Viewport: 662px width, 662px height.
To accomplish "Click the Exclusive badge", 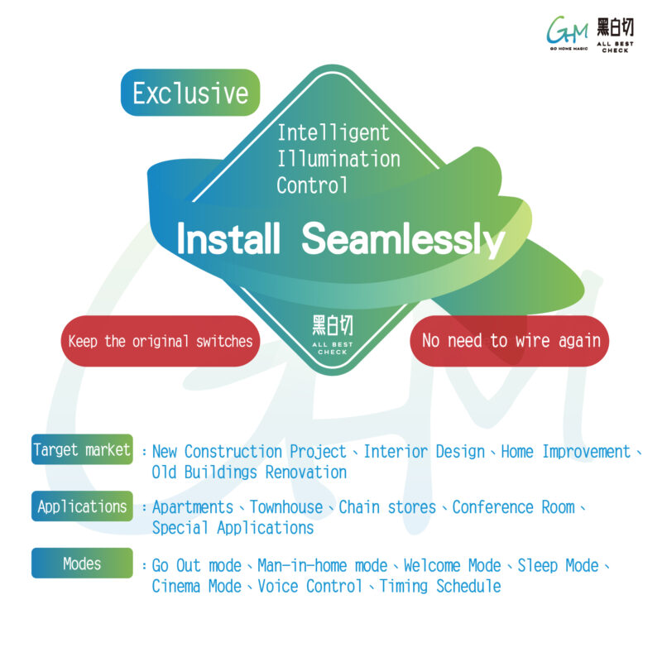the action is (190, 93).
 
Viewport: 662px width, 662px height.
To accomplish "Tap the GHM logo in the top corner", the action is (567, 33).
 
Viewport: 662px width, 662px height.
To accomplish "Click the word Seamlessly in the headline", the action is (403, 239).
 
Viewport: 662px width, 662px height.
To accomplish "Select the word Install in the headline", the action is (228, 238).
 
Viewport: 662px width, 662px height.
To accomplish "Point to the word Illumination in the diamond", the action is (338, 159).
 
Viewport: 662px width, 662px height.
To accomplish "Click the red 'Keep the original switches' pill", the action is (161, 341).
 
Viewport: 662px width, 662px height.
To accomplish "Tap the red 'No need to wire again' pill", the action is (510, 341).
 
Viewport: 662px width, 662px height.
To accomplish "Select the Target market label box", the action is (82, 449).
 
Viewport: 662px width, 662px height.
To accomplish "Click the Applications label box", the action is (82, 506).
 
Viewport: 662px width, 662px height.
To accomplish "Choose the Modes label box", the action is (82, 564).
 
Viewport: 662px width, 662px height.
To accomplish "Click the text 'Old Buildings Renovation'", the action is (249, 473).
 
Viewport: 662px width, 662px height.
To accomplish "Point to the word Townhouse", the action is (286, 507).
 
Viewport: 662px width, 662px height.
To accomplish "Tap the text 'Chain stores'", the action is (387, 507).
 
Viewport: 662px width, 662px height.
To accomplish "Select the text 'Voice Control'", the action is (309, 587).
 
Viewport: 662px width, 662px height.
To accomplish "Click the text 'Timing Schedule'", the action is (440, 587).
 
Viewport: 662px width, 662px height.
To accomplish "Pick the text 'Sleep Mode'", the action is (558, 566).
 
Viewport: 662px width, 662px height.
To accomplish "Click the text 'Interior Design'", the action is (425, 452).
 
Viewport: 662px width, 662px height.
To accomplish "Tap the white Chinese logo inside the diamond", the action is (333, 334).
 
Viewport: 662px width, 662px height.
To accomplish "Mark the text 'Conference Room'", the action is (513, 507).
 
